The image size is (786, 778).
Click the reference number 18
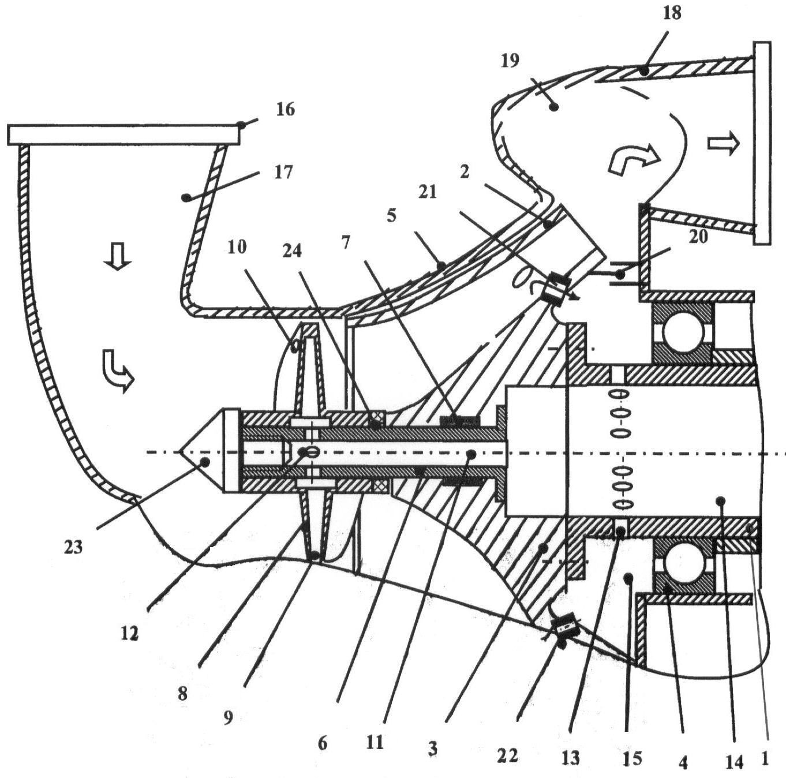(672, 14)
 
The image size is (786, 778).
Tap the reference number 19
(510, 61)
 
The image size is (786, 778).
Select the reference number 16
(285, 110)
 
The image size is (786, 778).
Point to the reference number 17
(283, 173)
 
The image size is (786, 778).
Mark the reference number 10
(237, 247)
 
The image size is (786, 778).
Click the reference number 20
(698, 237)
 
